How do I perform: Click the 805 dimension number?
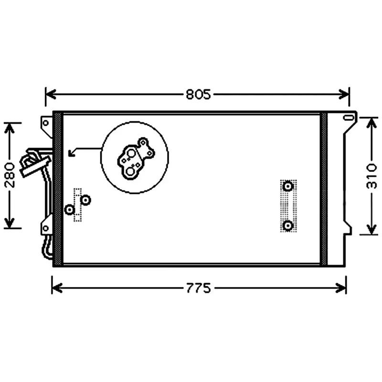click(x=198, y=95)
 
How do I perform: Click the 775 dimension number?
click(x=198, y=288)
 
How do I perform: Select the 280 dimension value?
click(x=10, y=175)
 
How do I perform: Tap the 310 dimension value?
click(x=371, y=176)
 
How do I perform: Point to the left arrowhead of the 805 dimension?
click(x=51, y=94)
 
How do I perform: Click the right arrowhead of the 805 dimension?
click(x=344, y=94)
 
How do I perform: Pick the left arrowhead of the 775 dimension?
click(x=57, y=288)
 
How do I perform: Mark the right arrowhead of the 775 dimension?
click(x=340, y=288)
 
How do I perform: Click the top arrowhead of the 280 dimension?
click(x=10, y=128)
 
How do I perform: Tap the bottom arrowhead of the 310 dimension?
click(x=371, y=230)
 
